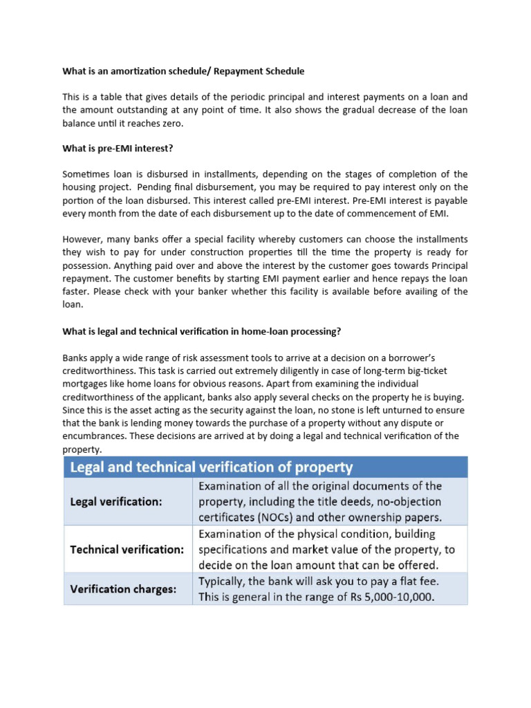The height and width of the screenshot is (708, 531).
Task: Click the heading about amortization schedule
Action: tap(183, 71)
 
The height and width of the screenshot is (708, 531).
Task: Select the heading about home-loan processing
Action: tap(202, 331)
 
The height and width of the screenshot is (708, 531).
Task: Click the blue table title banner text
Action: tap(212, 467)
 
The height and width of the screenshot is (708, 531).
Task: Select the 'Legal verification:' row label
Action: tap(116, 502)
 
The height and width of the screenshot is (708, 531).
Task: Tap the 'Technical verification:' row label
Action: tap(127, 550)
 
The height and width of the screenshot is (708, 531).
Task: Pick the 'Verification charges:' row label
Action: tap(122, 589)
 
